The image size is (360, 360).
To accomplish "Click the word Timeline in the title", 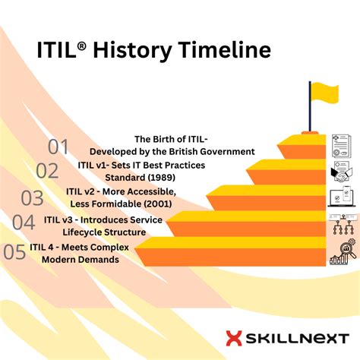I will click(226, 50).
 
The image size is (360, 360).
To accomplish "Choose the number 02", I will click(47, 171).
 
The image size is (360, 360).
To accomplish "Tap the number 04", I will click(24, 223).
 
